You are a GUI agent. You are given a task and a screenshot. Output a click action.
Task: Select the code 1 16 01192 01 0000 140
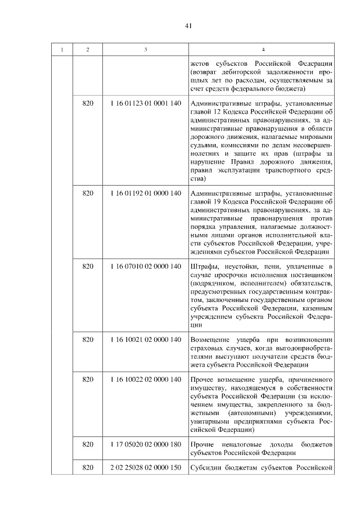click(146, 193)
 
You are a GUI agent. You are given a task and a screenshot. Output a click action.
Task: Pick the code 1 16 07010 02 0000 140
click(146, 266)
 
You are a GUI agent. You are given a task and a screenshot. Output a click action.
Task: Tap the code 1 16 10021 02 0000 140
click(146, 340)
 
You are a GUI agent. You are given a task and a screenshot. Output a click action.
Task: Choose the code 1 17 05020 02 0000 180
click(146, 444)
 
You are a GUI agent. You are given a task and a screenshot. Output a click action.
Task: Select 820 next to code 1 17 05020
click(87, 444)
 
